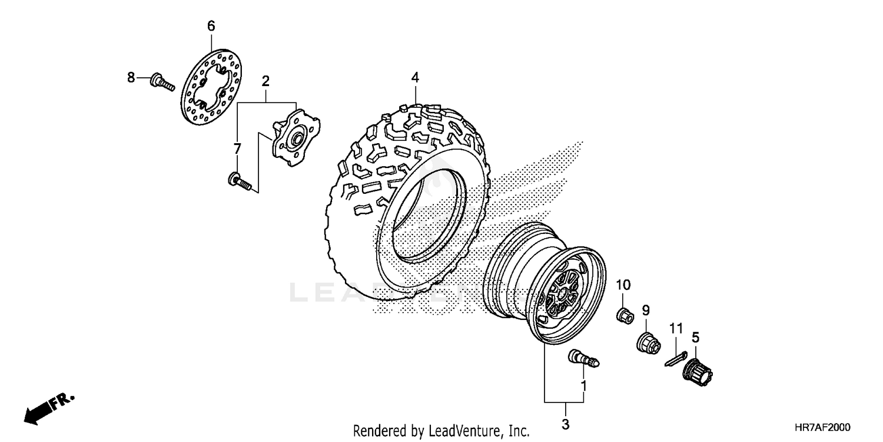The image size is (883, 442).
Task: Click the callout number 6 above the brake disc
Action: [211, 25]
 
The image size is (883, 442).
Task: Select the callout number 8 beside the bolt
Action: [131, 77]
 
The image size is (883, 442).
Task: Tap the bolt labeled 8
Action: [162, 82]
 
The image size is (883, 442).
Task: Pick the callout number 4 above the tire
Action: [415, 77]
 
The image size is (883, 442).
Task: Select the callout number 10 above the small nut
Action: [623, 285]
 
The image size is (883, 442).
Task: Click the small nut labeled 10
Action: [625, 315]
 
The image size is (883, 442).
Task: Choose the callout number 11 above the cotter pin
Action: [676, 328]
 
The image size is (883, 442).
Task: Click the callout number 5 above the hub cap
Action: [695, 338]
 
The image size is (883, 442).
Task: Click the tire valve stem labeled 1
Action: [582, 358]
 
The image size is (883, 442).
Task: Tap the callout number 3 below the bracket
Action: [565, 424]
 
